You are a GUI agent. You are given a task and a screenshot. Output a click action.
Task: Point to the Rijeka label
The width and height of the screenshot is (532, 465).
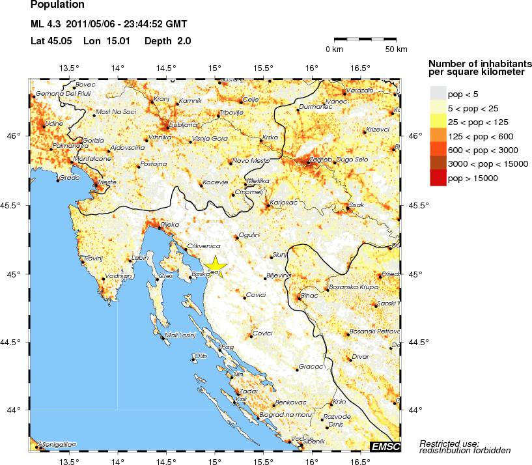click(170, 225)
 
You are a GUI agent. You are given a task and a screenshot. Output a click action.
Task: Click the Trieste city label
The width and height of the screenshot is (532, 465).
click(107, 182)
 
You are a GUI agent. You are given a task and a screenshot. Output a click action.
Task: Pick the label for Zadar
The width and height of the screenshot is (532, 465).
click(249, 391)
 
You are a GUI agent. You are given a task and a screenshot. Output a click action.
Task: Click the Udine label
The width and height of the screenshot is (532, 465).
click(54, 123)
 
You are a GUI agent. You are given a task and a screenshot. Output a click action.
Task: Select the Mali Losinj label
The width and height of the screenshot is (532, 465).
click(179, 335)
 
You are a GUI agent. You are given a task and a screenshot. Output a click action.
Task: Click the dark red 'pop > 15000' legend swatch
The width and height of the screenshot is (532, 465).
click(438, 178)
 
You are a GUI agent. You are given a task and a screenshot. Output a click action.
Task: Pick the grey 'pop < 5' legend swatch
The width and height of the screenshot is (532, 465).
click(438, 94)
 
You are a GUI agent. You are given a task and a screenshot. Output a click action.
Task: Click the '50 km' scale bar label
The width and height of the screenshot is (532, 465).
click(396, 49)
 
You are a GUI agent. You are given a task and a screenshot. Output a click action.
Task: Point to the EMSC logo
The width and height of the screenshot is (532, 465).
click(385, 446)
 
